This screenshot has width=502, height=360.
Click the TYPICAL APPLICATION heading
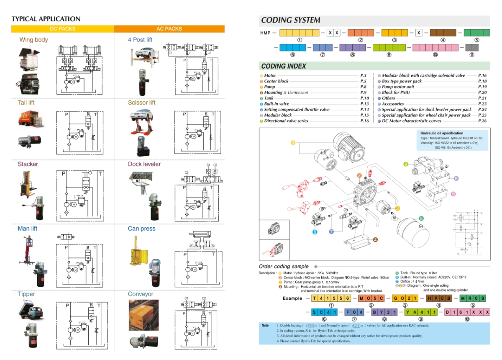point(46,19)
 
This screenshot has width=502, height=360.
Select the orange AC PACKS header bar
point(169,29)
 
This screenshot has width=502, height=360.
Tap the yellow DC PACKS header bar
point(62,29)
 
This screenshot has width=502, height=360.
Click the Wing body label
point(33,40)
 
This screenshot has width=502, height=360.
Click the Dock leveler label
point(144,164)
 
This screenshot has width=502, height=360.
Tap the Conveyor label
point(141,294)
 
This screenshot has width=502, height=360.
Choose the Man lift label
point(28,229)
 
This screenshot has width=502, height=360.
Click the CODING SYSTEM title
point(291,20)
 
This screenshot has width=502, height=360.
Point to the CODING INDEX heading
point(284,66)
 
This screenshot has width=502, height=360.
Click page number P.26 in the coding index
point(482,121)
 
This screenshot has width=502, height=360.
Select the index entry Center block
point(276,81)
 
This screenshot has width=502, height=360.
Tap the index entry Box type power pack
point(402,81)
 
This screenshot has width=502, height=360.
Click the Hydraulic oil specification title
point(442,133)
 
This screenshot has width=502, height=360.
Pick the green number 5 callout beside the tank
point(421,218)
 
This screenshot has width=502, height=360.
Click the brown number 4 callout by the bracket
point(376,240)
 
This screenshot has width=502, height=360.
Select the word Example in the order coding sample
point(292,298)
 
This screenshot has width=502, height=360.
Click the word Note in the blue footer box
point(265,325)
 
